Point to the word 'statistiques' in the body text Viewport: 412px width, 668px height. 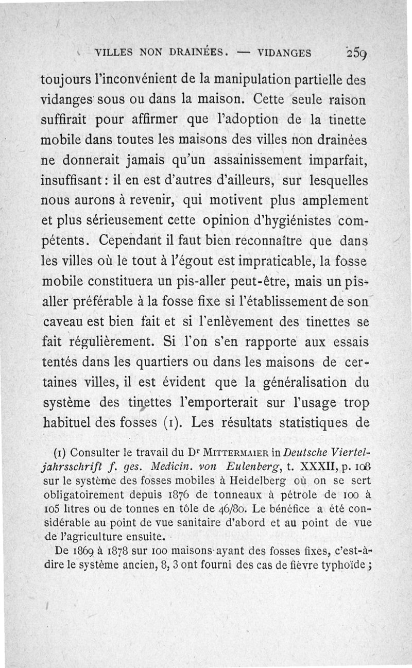pos(307,423)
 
